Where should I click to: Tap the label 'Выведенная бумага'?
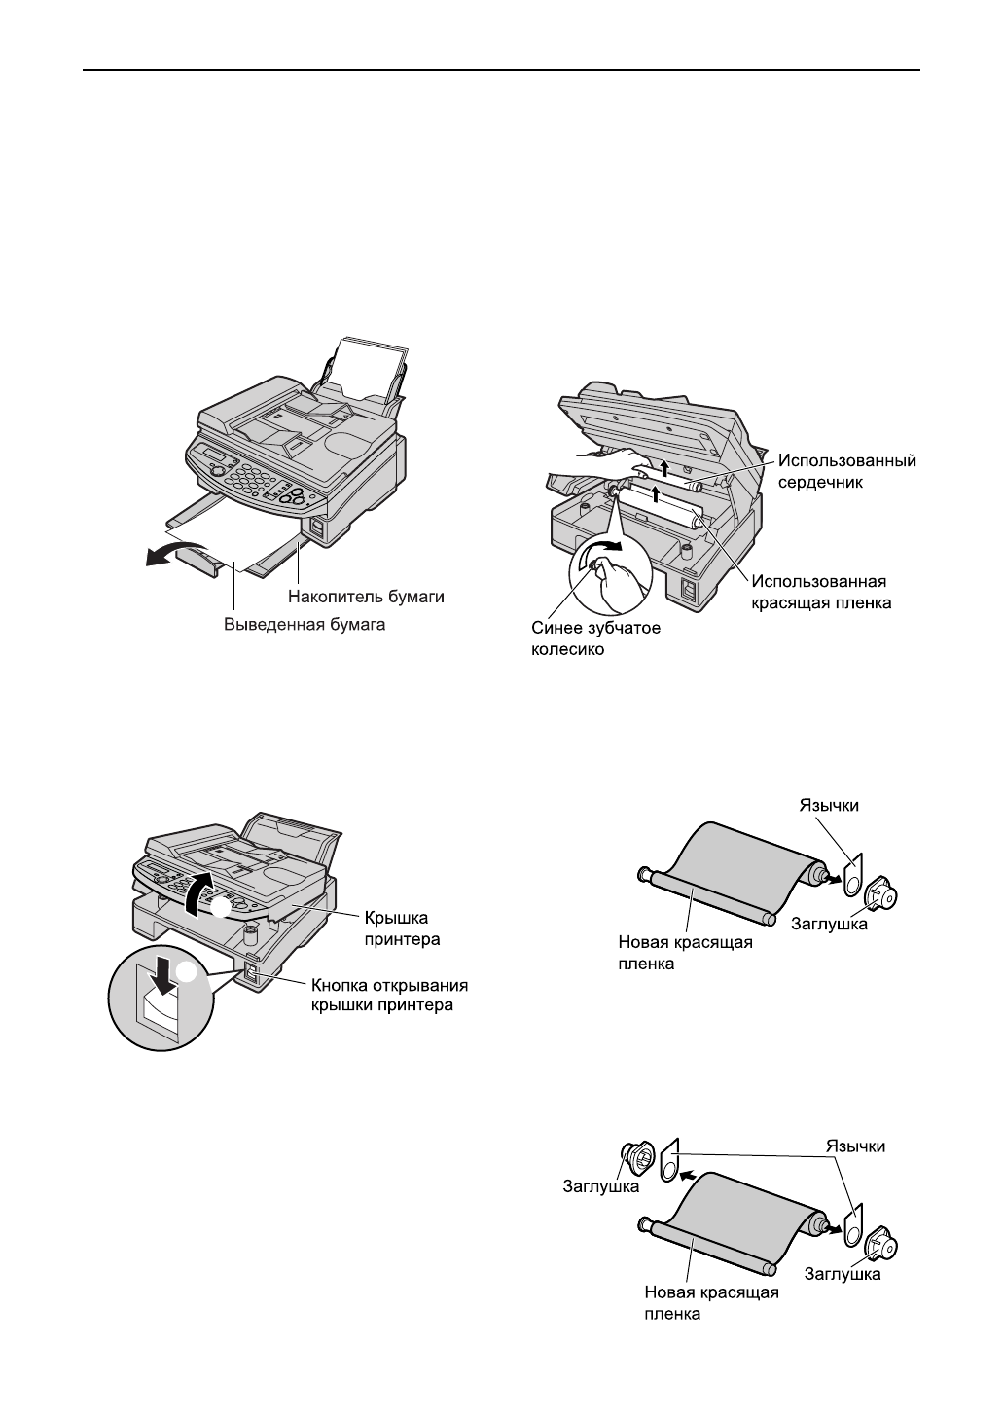305,625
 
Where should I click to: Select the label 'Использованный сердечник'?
846,470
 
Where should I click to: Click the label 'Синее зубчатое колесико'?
596,638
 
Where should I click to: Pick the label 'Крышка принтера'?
403,928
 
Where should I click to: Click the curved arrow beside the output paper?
166,555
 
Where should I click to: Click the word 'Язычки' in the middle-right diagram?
829,805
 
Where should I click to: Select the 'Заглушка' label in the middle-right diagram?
830,924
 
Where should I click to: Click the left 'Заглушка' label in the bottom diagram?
601,1186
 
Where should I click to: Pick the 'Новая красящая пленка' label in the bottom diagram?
711,1302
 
